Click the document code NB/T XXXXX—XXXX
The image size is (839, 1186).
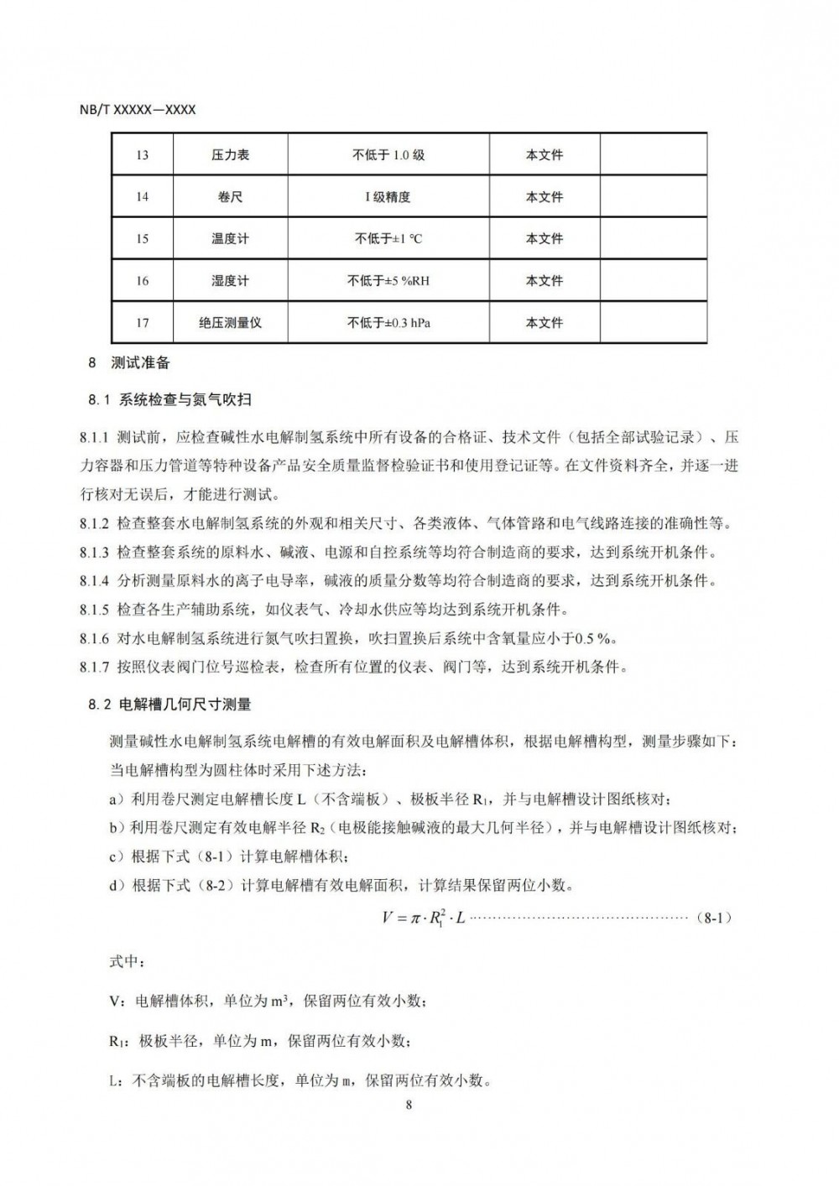(141, 110)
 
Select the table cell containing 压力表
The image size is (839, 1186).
(230, 155)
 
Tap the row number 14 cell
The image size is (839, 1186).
(143, 197)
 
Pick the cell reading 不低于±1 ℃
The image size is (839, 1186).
(388, 239)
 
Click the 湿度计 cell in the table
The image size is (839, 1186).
(230, 281)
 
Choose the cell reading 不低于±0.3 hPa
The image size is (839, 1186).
(388, 323)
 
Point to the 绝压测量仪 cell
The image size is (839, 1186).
(230, 323)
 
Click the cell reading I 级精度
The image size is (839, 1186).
(388, 197)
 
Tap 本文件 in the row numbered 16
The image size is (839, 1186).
(545, 281)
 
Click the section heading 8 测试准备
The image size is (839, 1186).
(129, 363)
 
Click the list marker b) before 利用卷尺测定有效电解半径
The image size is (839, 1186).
(117, 828)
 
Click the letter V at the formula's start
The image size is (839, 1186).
(388, 918)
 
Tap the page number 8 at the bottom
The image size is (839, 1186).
(409, 1104)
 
